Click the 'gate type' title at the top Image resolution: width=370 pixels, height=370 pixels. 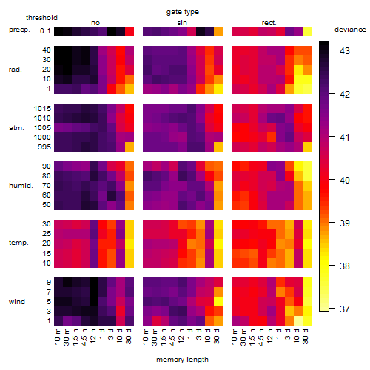(x=183, y=12)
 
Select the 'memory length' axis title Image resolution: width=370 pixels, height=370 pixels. (x=182, y=360)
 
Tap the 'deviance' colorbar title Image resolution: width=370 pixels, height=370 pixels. (x=350, y=30)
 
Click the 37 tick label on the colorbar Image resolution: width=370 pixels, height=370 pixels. (x=345, y=309)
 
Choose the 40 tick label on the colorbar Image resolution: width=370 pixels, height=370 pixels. (x=345, y=180)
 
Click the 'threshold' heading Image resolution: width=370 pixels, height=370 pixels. (x=41, y=18)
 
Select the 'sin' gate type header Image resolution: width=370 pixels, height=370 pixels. (x=182, y=23)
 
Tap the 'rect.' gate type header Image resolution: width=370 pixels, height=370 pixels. (x=269, y=23)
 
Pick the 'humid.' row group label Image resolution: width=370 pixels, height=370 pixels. (x=21, y=186)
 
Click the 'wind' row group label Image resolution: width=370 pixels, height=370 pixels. (x=17, y=302)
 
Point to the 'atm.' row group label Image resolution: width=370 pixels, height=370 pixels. (x=16, y=128)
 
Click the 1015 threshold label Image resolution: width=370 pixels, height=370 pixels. (x=42, y=109)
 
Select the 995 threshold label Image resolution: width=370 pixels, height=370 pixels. (x=44, y=147)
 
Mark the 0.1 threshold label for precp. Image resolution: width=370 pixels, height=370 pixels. (x=45, y=31)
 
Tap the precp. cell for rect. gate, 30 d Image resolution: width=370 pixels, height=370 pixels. (x=307, y=32)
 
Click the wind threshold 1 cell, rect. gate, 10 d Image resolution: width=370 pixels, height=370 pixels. (x=298, y=320)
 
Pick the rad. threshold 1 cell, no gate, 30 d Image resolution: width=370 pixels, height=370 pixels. (x=129, y=89)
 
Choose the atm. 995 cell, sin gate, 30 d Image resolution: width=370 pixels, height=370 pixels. (x=218, y=147)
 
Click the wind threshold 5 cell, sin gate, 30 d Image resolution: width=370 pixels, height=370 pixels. (x=218, y=301)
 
